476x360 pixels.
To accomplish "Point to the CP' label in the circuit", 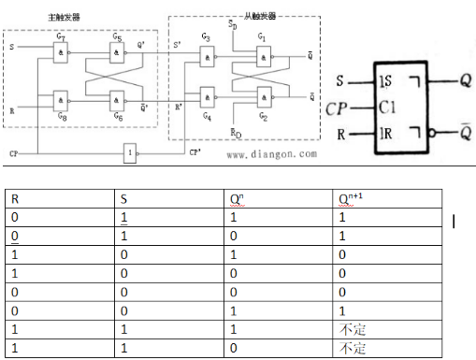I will coord(195,151).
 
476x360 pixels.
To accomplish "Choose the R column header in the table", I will coord(10,197).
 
